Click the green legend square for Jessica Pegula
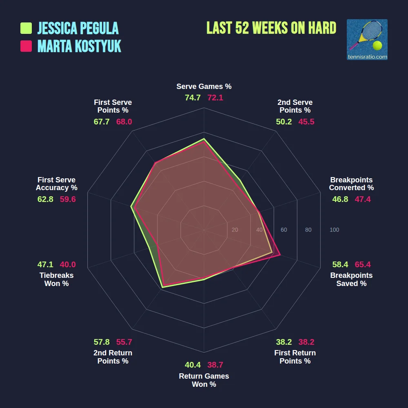click(26, 28)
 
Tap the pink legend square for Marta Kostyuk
click(26, 46)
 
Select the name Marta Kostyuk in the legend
click(79, 46)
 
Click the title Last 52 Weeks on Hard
click(271, 28)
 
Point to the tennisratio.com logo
click(367, 40)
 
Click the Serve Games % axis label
click(204, 86)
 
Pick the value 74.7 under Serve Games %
click(193, 98)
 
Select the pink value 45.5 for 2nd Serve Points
click(306, 122)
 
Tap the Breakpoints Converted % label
click(351, 184)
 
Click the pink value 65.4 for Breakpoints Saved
click(363, 264)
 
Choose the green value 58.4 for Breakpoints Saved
click(340, 264)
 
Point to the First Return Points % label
click(295, 357)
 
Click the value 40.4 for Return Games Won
click(193, 365)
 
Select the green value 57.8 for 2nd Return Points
click(102, 342)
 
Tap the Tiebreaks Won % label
click(56, 279)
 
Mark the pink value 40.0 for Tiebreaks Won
click(68, 264)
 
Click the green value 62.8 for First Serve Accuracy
click(45, 199)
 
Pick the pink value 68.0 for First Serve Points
click(124, 122)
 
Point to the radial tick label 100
click(334, 230)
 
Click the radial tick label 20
click(235, 230)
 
